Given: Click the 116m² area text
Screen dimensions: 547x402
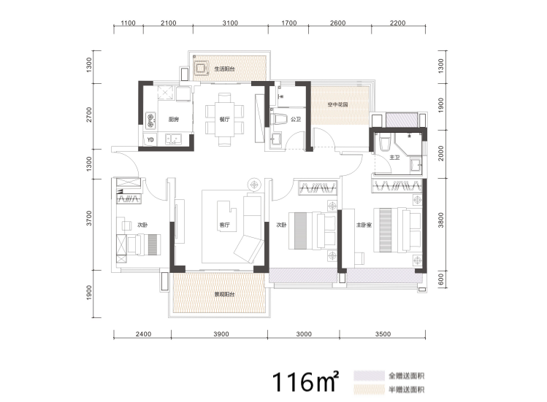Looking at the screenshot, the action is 305,382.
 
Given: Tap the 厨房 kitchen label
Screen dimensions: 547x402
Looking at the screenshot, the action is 174,120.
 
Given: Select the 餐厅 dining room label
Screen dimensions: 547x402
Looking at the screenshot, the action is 225,120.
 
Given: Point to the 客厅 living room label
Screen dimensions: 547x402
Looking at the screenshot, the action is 225,225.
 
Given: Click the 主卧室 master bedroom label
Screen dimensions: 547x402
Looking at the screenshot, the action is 364,225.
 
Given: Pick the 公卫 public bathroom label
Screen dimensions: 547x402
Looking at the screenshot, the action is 296,120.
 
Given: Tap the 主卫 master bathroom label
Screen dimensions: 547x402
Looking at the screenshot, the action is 394,158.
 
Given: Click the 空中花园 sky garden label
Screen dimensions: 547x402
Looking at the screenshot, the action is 337,104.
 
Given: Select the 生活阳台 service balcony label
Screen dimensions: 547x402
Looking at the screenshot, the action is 224,69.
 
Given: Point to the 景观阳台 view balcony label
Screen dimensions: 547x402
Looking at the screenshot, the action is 224,295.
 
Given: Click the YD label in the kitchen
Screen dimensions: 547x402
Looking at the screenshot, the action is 150,140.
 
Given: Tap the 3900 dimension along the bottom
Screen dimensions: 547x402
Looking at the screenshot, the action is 221,334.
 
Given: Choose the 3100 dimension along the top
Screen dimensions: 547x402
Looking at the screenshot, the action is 230,23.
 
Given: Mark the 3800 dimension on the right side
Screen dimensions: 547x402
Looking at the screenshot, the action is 441,220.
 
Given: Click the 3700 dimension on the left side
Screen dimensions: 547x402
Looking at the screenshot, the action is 89,218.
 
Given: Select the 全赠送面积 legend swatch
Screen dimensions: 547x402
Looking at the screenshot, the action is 369,376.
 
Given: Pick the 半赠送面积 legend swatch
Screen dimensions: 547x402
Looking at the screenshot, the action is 369,390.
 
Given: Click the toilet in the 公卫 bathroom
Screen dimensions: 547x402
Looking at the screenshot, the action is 278,119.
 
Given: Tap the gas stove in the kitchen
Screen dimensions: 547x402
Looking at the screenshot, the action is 150,119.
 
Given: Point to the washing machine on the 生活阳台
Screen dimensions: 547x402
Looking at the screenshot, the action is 200,68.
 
